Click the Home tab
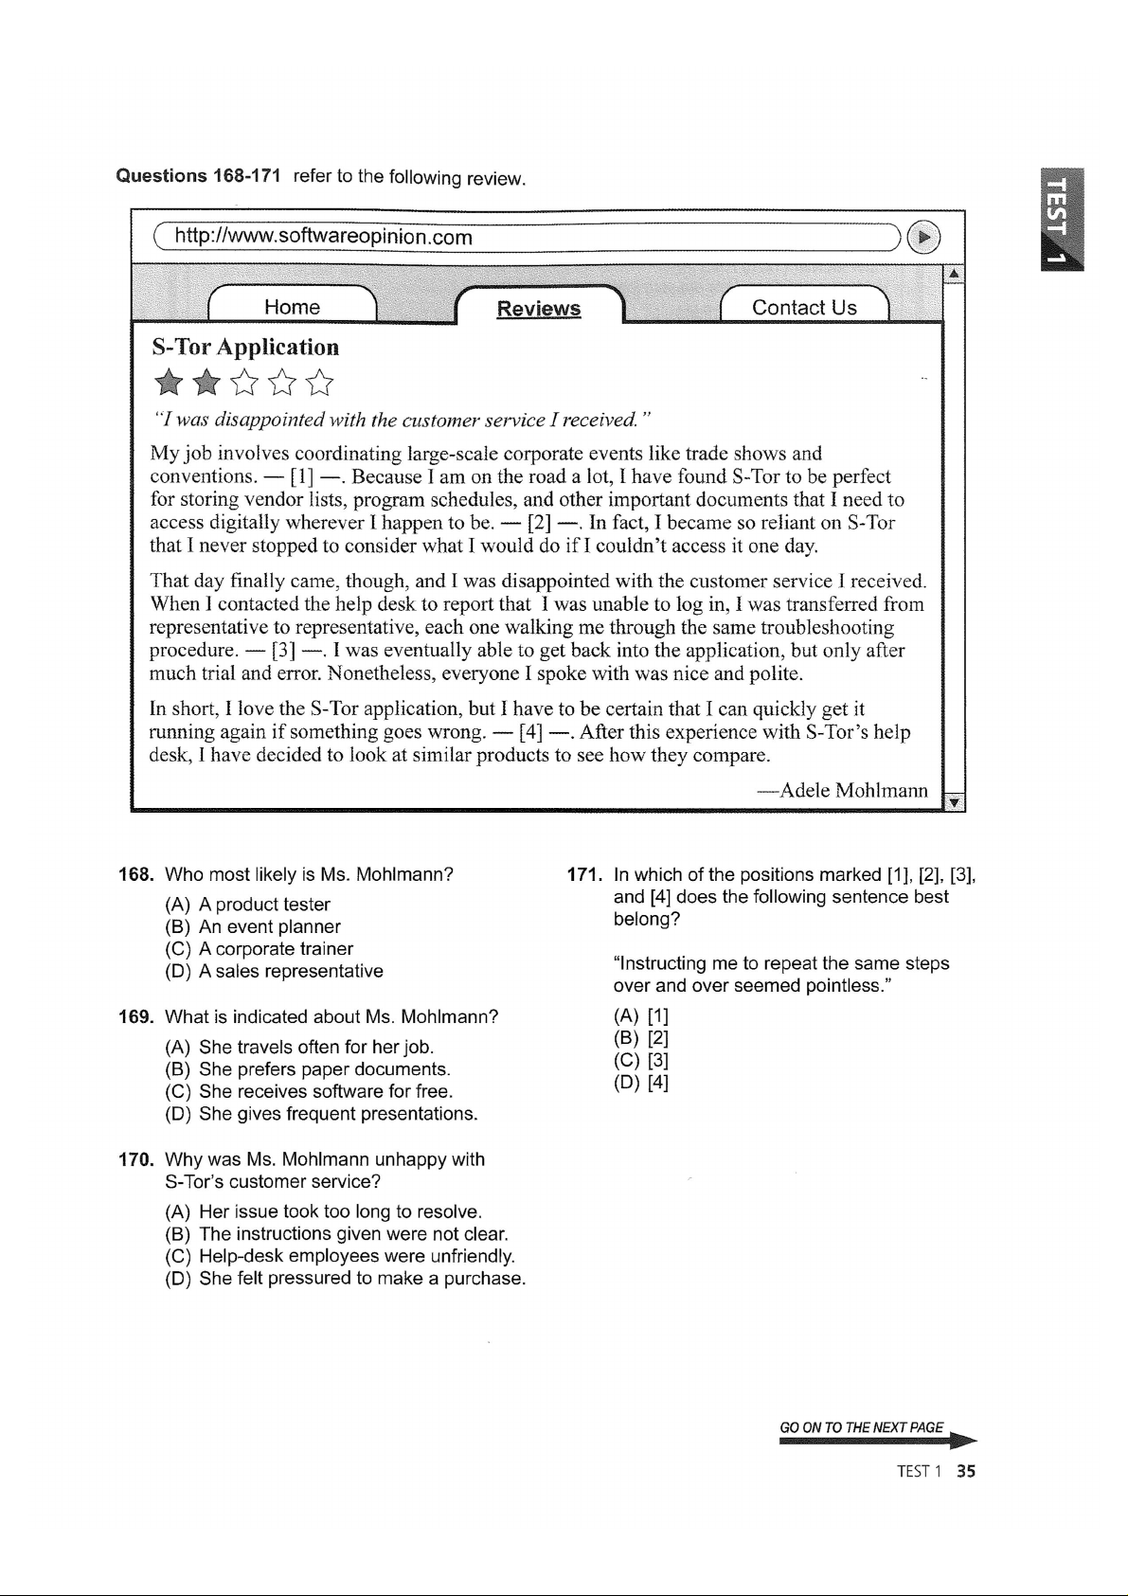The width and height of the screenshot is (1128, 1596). coord(292,307)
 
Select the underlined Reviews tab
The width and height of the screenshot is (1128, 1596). coord(539,309)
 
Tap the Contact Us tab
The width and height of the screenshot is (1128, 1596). coord(804,307)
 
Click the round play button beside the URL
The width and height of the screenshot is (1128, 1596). coord(924,237)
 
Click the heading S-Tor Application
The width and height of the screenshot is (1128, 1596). coord(245,347)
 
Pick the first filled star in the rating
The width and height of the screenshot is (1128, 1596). coord(169,383)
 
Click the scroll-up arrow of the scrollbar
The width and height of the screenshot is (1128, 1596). coord(955,274)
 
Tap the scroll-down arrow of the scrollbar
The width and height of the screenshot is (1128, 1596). coord(955,802)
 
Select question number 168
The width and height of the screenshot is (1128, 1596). coord(135,874)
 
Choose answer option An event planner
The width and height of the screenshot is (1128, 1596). coord(269,926)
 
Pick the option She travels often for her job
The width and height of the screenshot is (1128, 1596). coord(316,1047)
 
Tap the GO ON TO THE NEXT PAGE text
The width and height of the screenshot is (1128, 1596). coord(861,1427)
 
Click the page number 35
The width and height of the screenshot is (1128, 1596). coord(966,1471)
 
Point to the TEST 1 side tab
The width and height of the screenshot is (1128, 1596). coord(1063,219)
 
